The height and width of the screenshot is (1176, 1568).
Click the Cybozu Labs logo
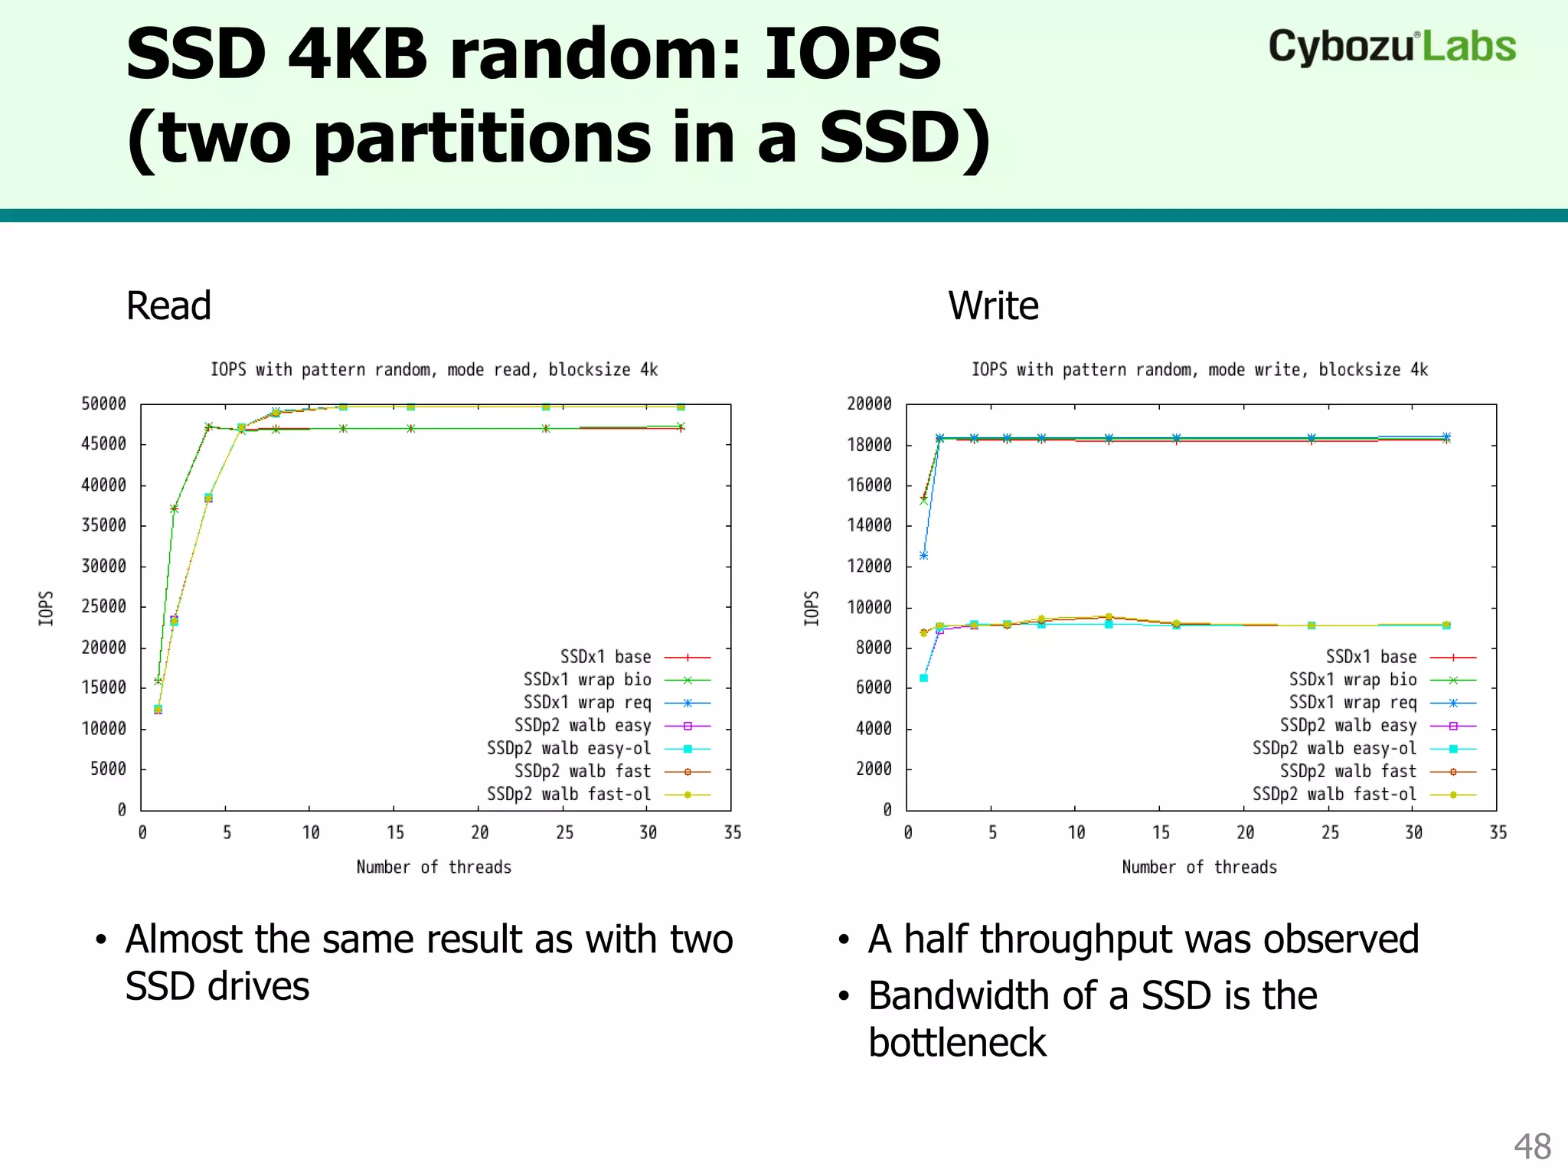(x=1391, y=47)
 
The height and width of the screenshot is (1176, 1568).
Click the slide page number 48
(x=1532, y=1147)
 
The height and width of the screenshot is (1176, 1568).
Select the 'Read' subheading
(x=168, y=306)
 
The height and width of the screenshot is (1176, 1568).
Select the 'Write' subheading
(x=993, y=306)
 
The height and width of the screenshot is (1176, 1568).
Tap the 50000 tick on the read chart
(x=103, y=403)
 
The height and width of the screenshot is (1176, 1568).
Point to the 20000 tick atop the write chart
(x=869, y=403)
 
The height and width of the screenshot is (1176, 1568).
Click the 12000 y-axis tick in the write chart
(x=869, y=566)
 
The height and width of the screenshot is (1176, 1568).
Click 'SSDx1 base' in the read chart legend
(x=605, y=657)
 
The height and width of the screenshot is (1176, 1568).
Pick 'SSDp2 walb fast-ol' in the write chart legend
(x=1334, y=794)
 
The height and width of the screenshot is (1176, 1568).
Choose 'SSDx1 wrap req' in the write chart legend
(x=1352, y=702)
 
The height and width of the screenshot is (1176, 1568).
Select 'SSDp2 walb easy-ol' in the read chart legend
(x=568, y=748)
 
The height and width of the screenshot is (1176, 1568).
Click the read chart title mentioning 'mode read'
(x=434, y=370)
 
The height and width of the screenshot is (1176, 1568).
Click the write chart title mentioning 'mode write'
(x=1199, y=370)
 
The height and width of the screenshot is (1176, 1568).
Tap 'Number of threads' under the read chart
(x=433, y=867)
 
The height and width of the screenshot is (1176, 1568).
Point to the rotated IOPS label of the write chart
(x=812, y=608)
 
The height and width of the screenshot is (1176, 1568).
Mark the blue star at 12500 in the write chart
(x=923, y=556)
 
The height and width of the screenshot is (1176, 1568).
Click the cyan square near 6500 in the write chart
(x=923, y=678)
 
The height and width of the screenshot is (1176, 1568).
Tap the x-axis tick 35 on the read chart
(x=732, y=832)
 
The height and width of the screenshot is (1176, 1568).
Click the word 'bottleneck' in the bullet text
(x=957, y=1043)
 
